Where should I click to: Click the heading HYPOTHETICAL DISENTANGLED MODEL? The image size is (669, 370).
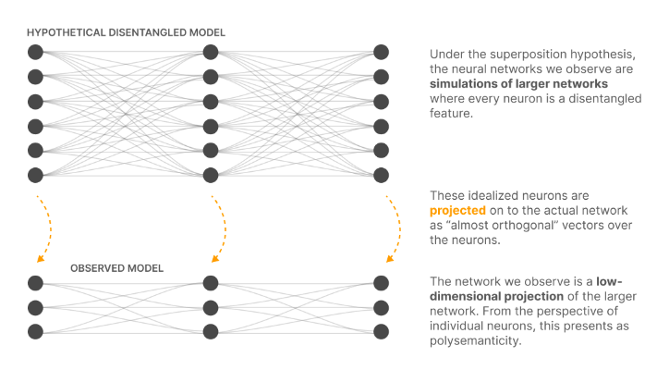coord(126,33)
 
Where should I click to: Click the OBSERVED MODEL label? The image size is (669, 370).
coord(116,268)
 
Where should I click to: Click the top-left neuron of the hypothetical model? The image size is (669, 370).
coord(35,52)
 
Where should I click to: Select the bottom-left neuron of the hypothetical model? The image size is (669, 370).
coord(35,175)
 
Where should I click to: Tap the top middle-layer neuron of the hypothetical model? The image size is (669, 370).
coord(211,52)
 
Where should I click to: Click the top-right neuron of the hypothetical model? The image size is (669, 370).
coord(381,52)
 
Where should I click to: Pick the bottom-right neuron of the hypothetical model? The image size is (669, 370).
coord(381,175)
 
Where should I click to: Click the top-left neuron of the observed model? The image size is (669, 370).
coord(35,283)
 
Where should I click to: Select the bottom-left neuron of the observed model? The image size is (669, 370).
coord(35,331)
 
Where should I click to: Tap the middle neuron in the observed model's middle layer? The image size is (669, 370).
coord(211,307)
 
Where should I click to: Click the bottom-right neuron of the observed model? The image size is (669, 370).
coord(381,331)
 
